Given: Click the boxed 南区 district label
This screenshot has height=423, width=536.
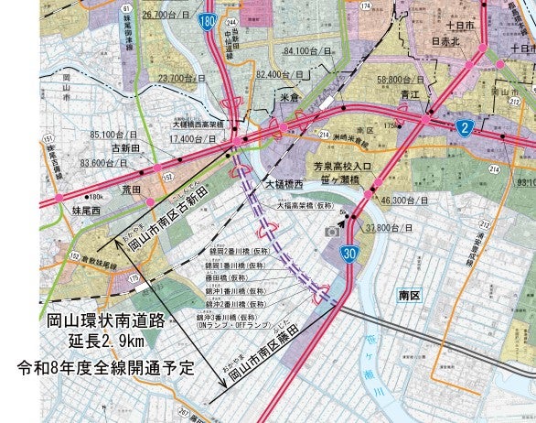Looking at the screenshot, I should coord(409,295).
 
